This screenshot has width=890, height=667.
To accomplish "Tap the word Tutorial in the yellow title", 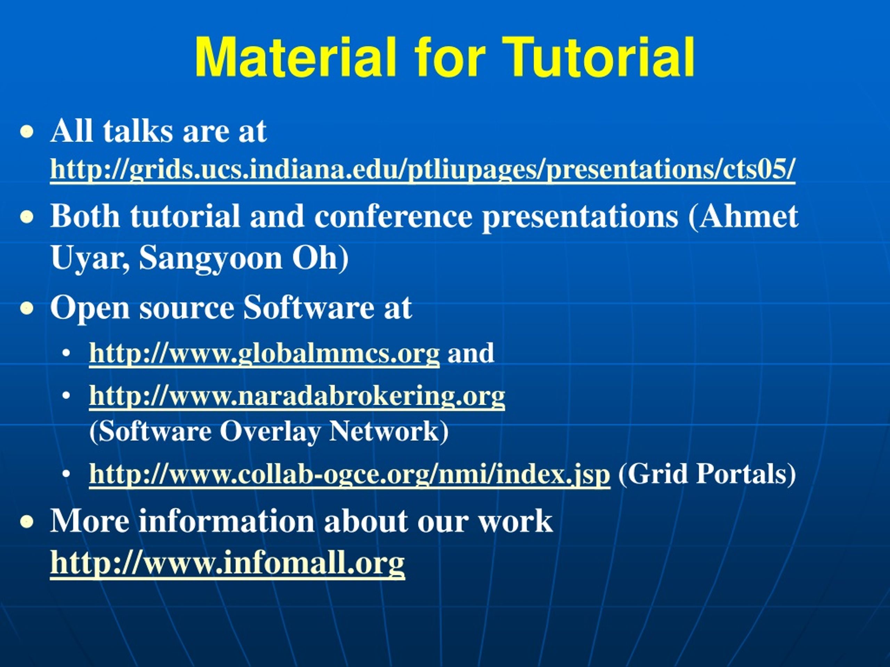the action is pyautogui.click(x=598, y=57).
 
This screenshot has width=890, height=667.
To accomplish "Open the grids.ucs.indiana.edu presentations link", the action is pyautogui.click(x=422, y=171).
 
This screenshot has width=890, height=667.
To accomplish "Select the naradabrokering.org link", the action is pyautogui.click(x=297, y=397).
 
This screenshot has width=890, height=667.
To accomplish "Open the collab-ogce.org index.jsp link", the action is pyautogui.click(x=350, y=475).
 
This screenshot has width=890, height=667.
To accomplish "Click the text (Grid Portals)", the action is pyautogui.click(x=707, y=475).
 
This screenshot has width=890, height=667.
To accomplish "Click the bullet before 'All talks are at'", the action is pyautogui.click(x=27, y=132).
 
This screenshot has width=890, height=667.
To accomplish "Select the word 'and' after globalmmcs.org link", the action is pyautogui.click(x=471, y=353).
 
